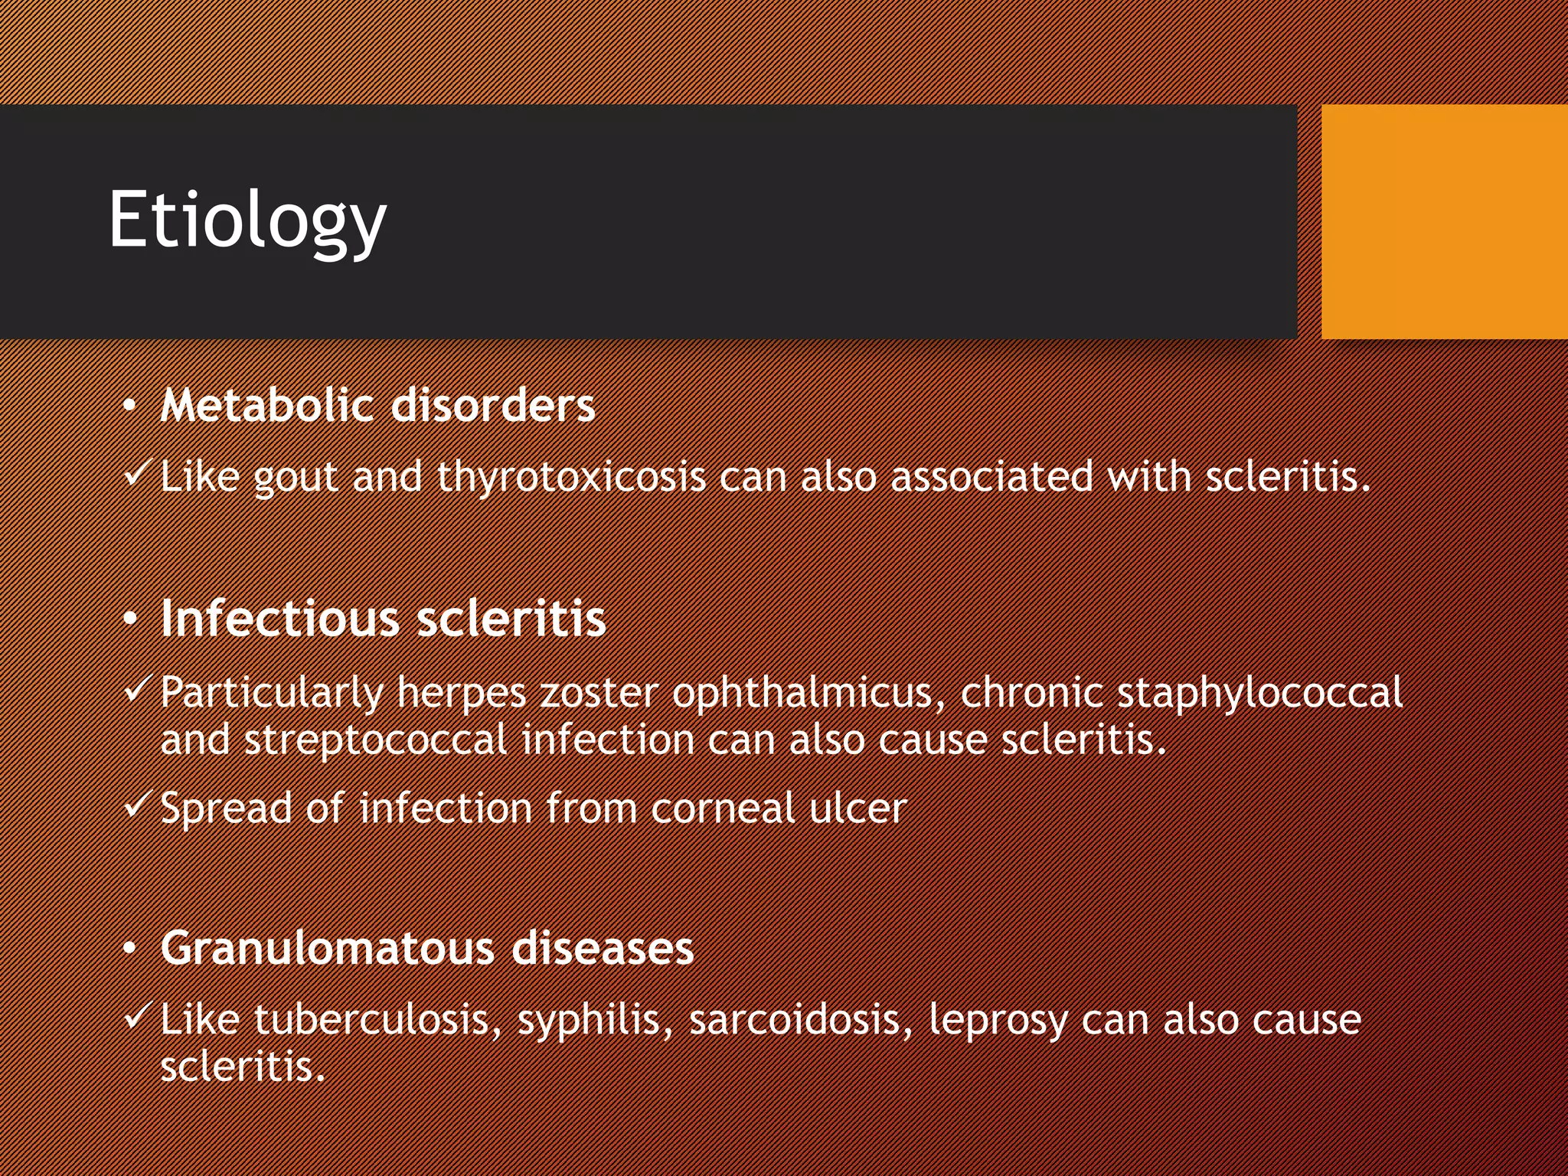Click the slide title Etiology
point(247,220)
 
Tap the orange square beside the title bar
point(1444,221)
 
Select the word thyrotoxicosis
point(571,477)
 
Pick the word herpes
point(461,694)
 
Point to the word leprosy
point(998,1021)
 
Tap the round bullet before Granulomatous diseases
point(131,949)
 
